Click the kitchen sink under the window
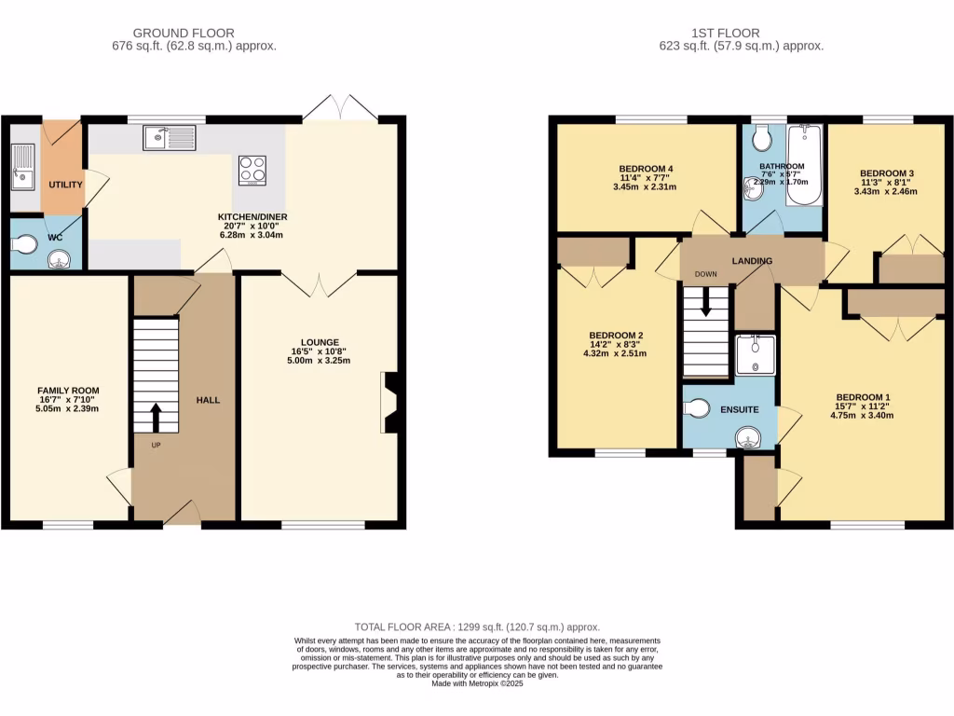coord(170,140)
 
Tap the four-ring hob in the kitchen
coord(252,170)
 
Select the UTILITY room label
coord(66,185)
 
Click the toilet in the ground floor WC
coord(25,244)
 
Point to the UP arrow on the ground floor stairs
coord(155,417)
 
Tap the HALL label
coord(207,400)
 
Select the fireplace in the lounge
coord(391,403)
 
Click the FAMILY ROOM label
coord(68,391)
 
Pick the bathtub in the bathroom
coord(804,166)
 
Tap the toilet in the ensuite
coord(699,408)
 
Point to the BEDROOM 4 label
coord(646,169)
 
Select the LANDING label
coord(752,261)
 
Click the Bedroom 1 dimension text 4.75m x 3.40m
coord(863,416)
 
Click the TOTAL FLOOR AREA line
coord(477,627)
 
